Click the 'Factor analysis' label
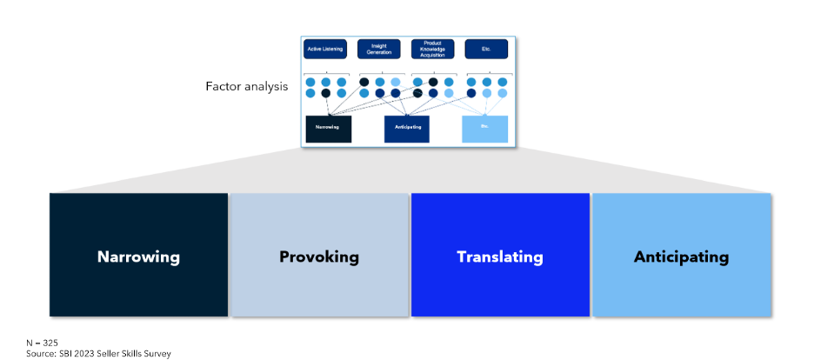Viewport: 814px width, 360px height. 246,87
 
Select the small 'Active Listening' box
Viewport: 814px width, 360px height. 325,49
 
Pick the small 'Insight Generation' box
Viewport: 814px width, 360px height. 379,49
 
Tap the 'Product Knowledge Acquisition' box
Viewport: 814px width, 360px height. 432,49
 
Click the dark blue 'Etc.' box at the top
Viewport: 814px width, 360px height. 486,49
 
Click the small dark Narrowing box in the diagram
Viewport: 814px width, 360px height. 329,128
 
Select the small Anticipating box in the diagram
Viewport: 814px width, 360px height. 406,128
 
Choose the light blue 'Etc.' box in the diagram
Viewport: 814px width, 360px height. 484,128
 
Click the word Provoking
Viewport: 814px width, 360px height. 318,257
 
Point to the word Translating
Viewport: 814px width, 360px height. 500,257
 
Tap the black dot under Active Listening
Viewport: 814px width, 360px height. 326,93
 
